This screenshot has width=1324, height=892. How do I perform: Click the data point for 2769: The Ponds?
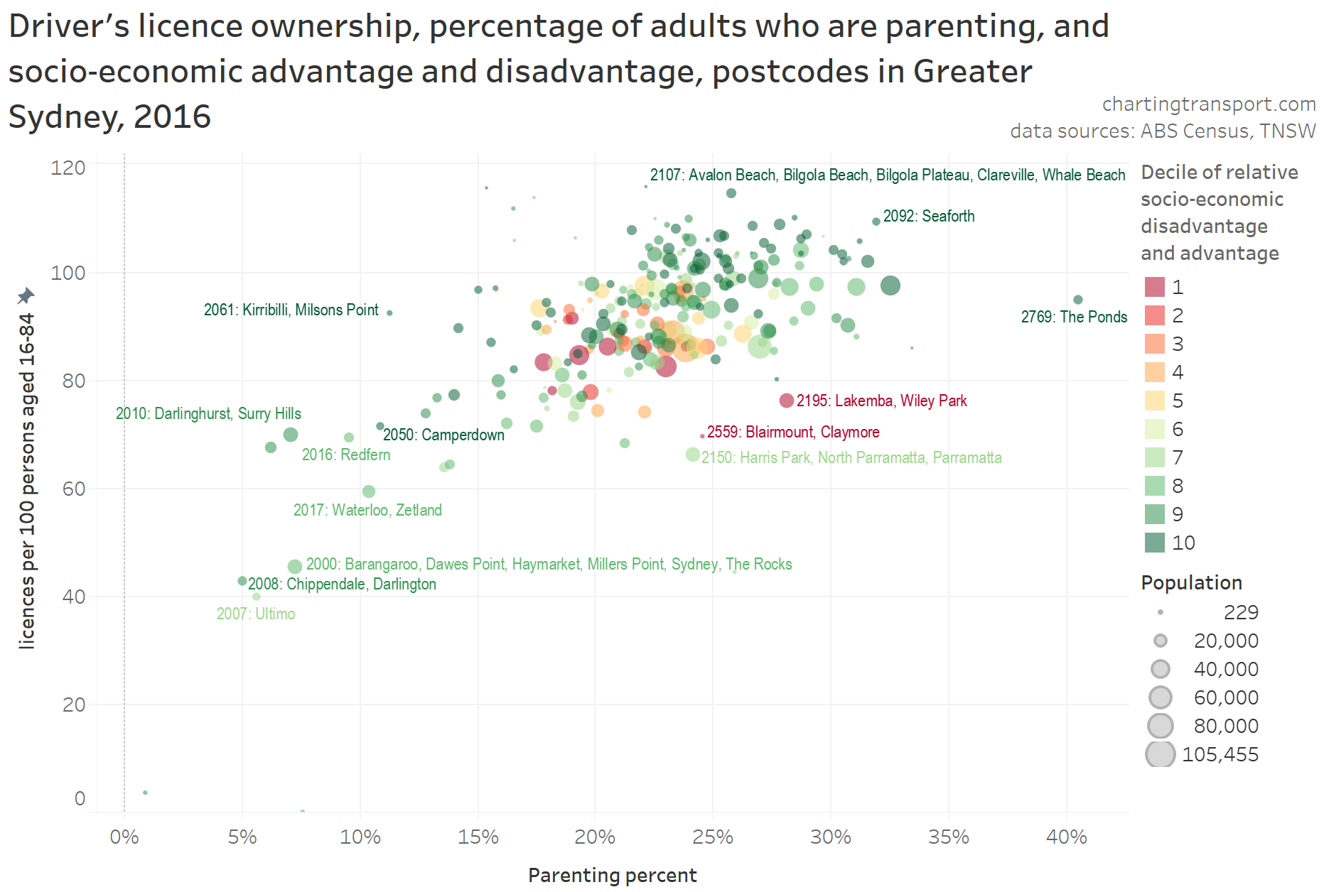click(x=1077, y=300)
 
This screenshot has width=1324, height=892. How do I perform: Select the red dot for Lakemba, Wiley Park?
click(x=786, y=401)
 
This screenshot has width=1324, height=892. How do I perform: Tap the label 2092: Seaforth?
click(x=928, y=216)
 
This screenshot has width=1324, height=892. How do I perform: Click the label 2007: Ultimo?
click(x=256, y=614)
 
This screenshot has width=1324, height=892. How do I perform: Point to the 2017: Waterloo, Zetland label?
click(x=367, y=510)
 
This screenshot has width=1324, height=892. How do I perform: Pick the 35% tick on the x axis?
click(x=948, y=837)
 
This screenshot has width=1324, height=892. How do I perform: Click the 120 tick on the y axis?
click(x=68, y=168)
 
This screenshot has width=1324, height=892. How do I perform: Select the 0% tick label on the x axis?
click(x=124, y=837)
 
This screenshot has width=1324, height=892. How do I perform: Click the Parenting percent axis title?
click(x=612, y=875)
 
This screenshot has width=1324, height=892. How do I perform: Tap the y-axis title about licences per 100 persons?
click(x=27, y=481)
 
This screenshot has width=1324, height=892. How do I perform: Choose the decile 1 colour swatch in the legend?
click(x=1155, y=287)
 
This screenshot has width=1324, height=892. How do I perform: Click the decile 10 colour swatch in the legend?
click(x=1155, y=543)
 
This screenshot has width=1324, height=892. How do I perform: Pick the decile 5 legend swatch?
click(x=1155, y=401)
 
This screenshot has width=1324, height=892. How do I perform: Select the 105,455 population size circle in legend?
click(x=1160, y=754)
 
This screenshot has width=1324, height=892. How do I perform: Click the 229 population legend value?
click(x=1241, y=612)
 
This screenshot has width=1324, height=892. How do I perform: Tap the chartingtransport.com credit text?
click(x=1208, y=104)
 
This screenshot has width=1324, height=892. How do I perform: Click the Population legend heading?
click(x=1191, y=582)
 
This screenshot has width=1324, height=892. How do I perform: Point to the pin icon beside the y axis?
click(x=26, y=295)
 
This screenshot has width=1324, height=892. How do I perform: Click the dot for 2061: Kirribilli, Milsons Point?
click(x=389, y=312)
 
